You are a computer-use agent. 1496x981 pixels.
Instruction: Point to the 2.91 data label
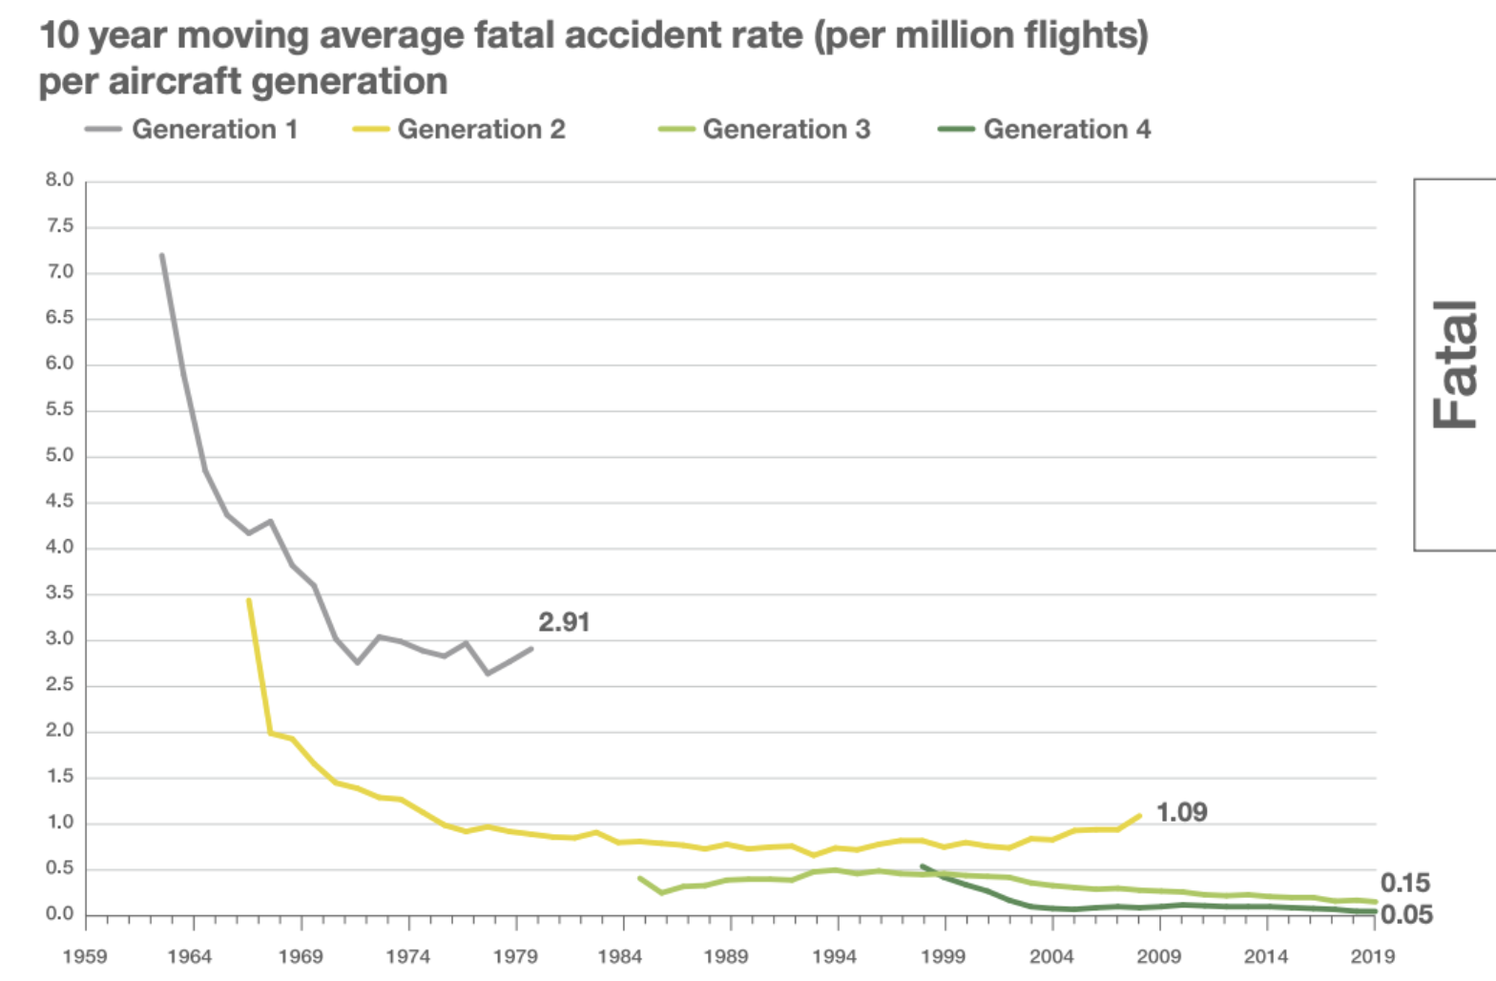coord(564,622)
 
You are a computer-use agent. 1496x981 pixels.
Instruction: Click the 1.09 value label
coord(1181,812)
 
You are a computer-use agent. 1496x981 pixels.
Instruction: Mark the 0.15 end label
coord(1405,883)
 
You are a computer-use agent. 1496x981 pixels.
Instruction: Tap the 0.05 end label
coord(1406,914)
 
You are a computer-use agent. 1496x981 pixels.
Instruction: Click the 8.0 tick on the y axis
coord(59,179)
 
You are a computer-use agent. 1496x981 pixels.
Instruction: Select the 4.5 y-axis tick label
coord(59,501)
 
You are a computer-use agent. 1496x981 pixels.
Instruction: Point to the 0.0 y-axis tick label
coord(59,914)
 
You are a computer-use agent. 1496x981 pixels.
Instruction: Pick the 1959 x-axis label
coord(85,956)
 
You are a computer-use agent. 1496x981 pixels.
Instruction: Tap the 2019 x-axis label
coord(1372,956)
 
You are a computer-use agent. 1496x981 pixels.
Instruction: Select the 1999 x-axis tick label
coord(944,956)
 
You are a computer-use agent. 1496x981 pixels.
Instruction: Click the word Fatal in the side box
coord(1456,365)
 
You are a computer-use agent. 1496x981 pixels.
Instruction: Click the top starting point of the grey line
coord(162,255)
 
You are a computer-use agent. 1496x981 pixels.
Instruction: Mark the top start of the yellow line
coord(248,600)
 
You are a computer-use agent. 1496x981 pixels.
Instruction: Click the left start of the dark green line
coord(922,866)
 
